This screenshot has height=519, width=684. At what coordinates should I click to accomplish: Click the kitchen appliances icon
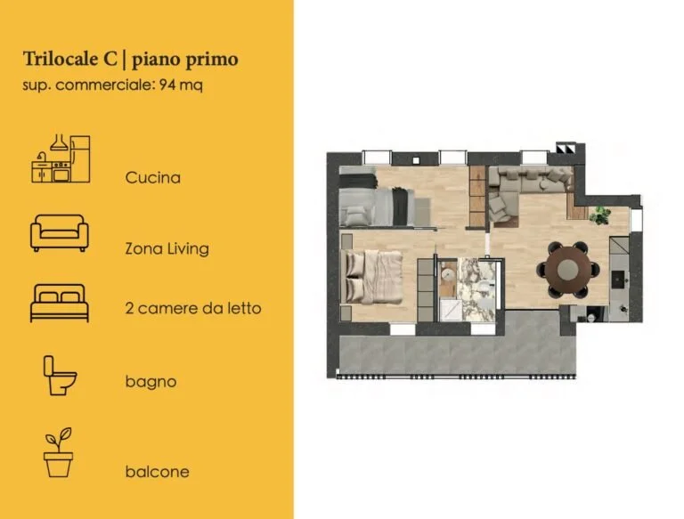click(60, 158)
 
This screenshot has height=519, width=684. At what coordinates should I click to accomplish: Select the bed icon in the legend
click(60, 303)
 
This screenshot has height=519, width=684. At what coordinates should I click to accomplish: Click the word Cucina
click(153, 177)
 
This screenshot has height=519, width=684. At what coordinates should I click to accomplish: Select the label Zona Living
click(167, 248)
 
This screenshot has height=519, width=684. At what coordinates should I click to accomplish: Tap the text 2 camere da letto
click(193, 308)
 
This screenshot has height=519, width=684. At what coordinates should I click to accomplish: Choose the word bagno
click(151, 382)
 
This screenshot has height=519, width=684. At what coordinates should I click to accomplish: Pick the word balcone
click(157, 472)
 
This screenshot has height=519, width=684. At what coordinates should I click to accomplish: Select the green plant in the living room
click(599, 214)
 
